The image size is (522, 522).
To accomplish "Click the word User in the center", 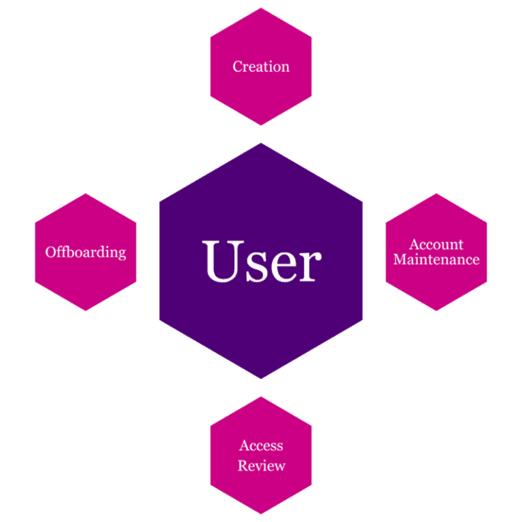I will pos(262,261).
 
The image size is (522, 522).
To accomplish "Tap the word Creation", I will pos(261,67).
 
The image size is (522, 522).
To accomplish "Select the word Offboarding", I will pos(86,252).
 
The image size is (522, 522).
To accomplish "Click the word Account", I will pos(436,245).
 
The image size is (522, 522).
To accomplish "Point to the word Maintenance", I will pos(436,260).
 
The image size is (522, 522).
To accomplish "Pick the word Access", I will pos(261,446).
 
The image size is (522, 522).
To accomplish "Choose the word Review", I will pos(261,466).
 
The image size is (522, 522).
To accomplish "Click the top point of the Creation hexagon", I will pos(261,7).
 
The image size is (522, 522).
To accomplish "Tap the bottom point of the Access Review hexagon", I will pos(261,515).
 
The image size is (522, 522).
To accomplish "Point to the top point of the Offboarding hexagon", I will pos(86,193).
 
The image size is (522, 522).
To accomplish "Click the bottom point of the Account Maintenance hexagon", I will pos(436,311).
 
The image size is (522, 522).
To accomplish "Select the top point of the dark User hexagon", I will pos(261,143).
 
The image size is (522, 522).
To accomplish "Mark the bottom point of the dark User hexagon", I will pos(261,379).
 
